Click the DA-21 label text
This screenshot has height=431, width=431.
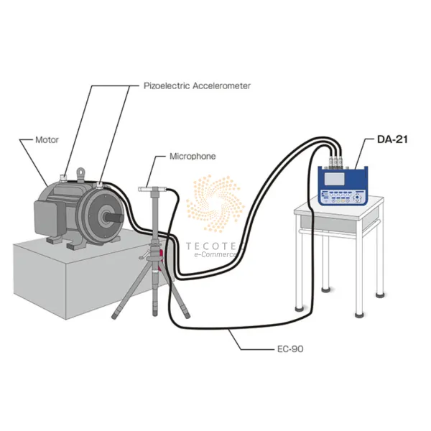coord(392,139)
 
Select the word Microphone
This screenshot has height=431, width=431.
coord(192,155)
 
